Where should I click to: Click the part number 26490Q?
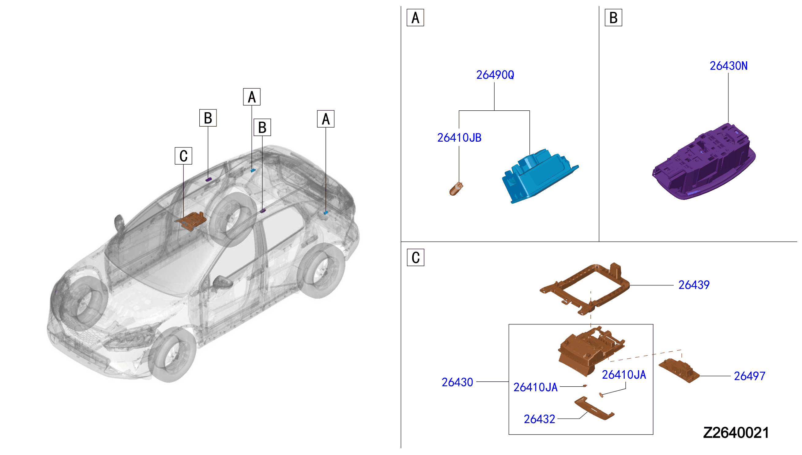495,75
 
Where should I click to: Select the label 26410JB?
459,138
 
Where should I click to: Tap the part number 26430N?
729,66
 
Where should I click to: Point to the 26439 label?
694,285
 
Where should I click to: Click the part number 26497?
749,376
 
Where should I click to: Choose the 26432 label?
539,419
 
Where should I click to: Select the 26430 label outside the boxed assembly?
457,383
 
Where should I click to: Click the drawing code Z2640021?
736,433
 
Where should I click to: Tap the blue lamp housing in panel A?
540,176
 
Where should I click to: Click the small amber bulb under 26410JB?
456,189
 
